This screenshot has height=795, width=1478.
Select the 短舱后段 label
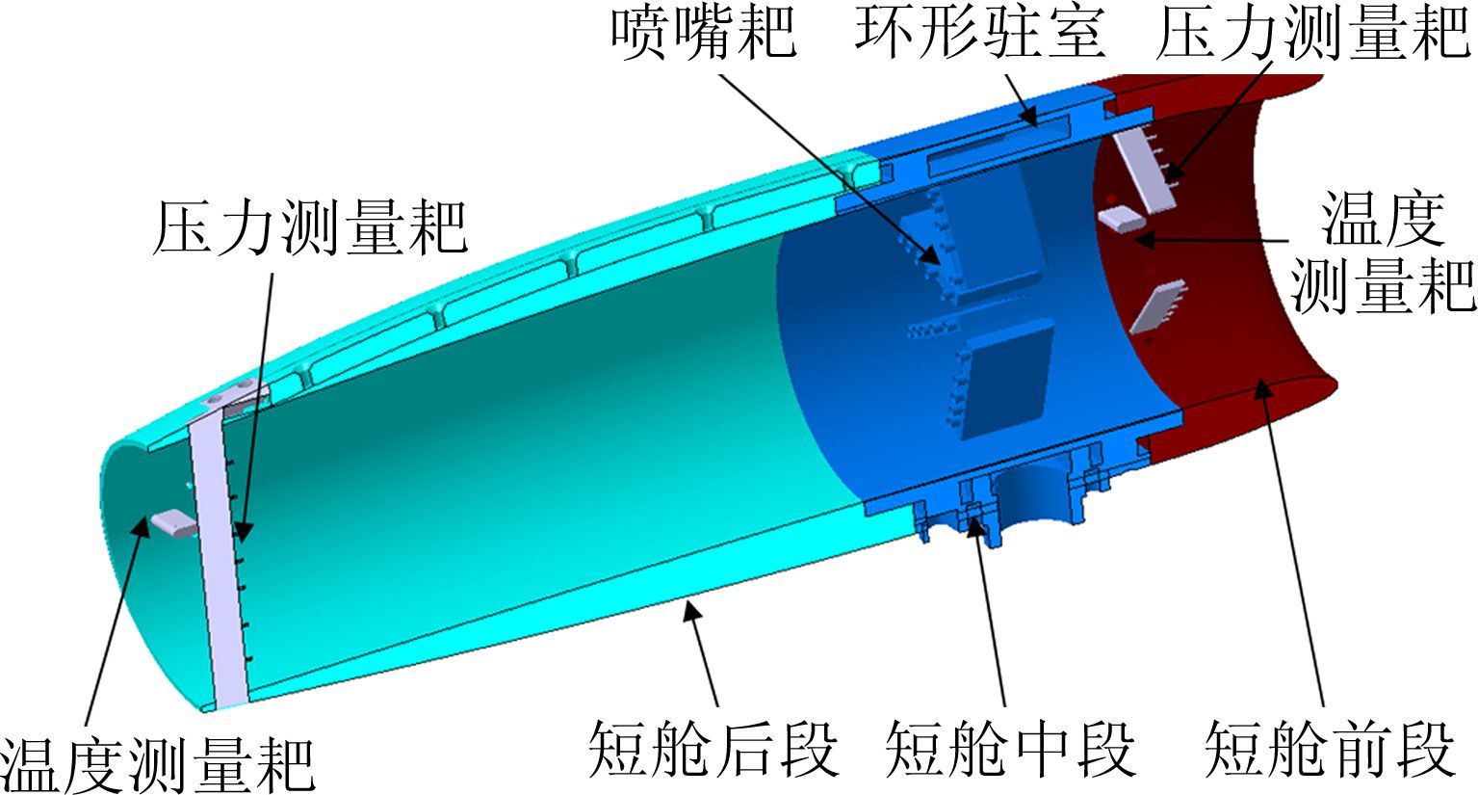click(x=713, y=750)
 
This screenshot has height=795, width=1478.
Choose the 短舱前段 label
click(x=1330, y=750)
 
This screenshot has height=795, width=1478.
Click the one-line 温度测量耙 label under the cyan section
click(x=158, y=765)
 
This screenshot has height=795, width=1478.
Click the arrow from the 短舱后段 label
click(x=703, y=655)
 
